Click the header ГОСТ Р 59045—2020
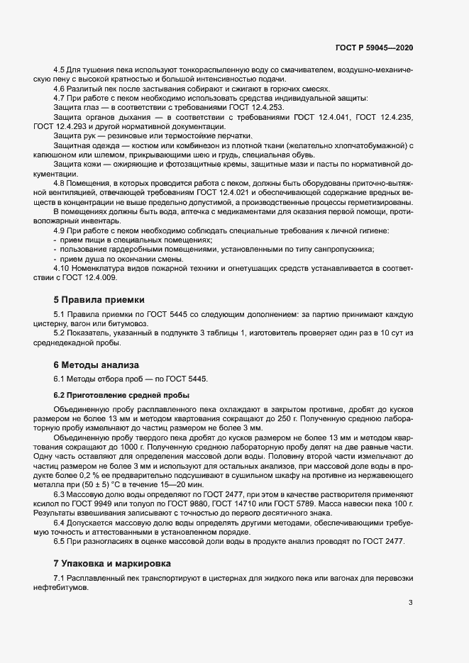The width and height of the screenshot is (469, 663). (x=373, y=47)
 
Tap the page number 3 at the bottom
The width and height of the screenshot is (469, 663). (x=411, y=603)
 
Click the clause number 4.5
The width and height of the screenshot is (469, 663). (x=60, y=70)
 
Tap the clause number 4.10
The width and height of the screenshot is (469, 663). (x=62, y=268)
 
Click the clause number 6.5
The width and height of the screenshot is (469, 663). (x=60, y=540)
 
